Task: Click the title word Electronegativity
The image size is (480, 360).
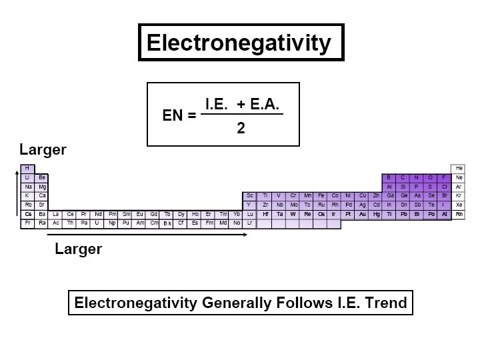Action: point(239,43)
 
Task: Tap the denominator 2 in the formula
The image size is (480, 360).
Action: point(241,129)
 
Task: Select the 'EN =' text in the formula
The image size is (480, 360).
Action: point(179,115)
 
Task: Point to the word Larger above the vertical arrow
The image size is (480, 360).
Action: point(43,149)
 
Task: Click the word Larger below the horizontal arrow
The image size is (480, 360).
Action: point(78,249)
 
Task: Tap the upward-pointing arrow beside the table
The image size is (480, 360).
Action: point(16,193)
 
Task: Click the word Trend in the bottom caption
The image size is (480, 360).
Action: point(383,303)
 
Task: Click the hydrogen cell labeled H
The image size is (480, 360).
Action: point(28,168)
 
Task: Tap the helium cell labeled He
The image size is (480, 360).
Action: point(459,168)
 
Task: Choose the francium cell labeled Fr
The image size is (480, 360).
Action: point(28,223)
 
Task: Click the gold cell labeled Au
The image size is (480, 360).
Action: point(362,214)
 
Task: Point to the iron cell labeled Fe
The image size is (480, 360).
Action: point(321,195)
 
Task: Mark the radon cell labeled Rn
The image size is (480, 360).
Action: point(459,214)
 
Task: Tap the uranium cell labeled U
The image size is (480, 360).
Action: point(97,223)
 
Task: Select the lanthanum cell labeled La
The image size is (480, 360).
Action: point(56,214)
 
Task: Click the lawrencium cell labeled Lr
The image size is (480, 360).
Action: point(249,223)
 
